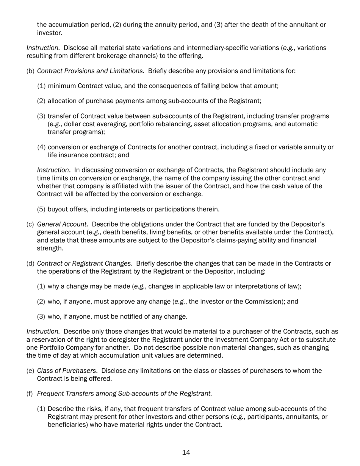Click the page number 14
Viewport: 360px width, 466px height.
click(x=186, y=452)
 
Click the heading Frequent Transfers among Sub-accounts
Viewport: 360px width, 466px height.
click(x=124, y=393)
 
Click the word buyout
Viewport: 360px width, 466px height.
click(x=58, y=209)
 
